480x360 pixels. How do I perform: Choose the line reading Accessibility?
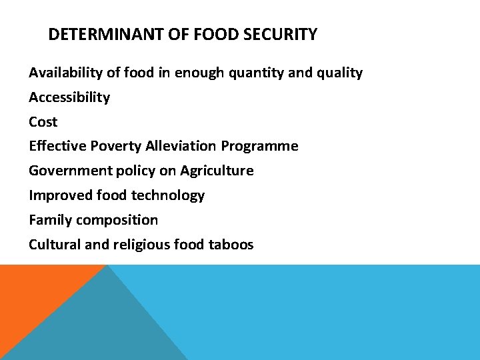tap(69, 97)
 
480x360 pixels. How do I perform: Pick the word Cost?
tap(43, 122)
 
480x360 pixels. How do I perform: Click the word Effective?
tap(55, 146)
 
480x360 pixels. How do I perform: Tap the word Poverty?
tap(109, 146)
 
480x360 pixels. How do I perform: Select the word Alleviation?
tap(178, 146)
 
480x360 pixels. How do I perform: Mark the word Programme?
tap(260, 146)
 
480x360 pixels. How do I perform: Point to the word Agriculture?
tap(217, 171)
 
